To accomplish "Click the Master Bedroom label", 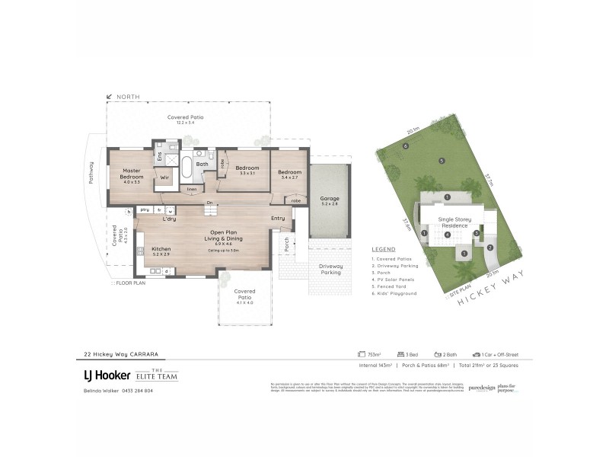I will pyautogui.click(x=132, y=174).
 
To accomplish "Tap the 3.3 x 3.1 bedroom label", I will pyautogui.click(x=247, y=170).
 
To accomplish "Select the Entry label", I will pyautogui.click(x=278, y=219).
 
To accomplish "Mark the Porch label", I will pyautogui.click(x=286, y=245).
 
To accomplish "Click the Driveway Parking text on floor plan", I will pyautogui.click(x=329, y=268).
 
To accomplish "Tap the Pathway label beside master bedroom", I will pyautogui.click(x=92, y=176).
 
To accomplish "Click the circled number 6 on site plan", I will pyautogui.click(x=407, y=146).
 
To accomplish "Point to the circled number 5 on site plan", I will pyautogui.click(x=441, y=161).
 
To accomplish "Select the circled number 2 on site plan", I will pyautogui.click(x=490, y=247).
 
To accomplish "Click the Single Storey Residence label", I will pyautogui.click(x=454, y=222).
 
